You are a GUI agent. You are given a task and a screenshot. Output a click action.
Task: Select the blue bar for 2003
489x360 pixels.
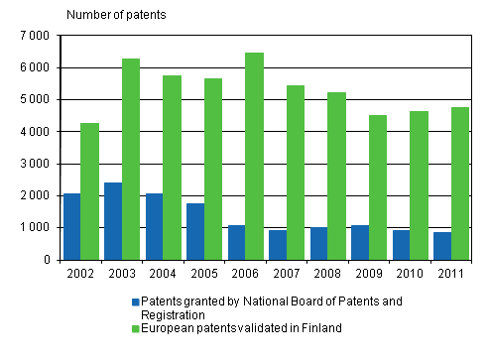(x=112, y=221)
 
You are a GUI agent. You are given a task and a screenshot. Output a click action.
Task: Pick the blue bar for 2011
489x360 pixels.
(x=442, y=246)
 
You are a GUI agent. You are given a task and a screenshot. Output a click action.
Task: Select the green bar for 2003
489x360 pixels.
(x=131, y=159)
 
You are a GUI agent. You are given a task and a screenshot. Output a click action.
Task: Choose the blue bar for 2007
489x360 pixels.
(x=277, y=245)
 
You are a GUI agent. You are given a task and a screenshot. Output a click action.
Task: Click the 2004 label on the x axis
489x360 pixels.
(x=163, y=274)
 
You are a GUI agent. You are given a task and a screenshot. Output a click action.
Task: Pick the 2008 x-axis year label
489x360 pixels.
(x=326, y=274)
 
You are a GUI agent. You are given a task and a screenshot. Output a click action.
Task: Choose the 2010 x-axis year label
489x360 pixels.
(x=409, y=274)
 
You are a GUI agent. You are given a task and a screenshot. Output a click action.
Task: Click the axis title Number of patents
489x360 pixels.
(x=117, y=14)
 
